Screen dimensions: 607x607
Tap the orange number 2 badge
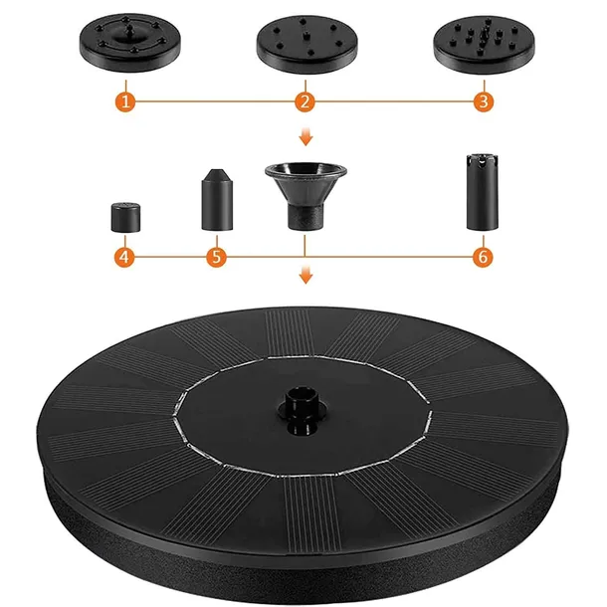coord(304,101)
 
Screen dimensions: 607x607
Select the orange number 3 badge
coord(483,101)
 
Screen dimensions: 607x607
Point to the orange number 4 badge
coord(123,257)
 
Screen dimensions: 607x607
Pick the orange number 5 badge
coord(216,257)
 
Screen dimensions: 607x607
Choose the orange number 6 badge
coord(483,257)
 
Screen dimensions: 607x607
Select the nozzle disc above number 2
coord(303,46)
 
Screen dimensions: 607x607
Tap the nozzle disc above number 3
coord(482,46)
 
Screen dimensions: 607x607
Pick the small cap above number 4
coord(123,215)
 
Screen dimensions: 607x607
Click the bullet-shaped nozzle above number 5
coord(216,199)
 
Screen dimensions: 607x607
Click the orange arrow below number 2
coord(304,138)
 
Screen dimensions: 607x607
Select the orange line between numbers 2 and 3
coord(393,101)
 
